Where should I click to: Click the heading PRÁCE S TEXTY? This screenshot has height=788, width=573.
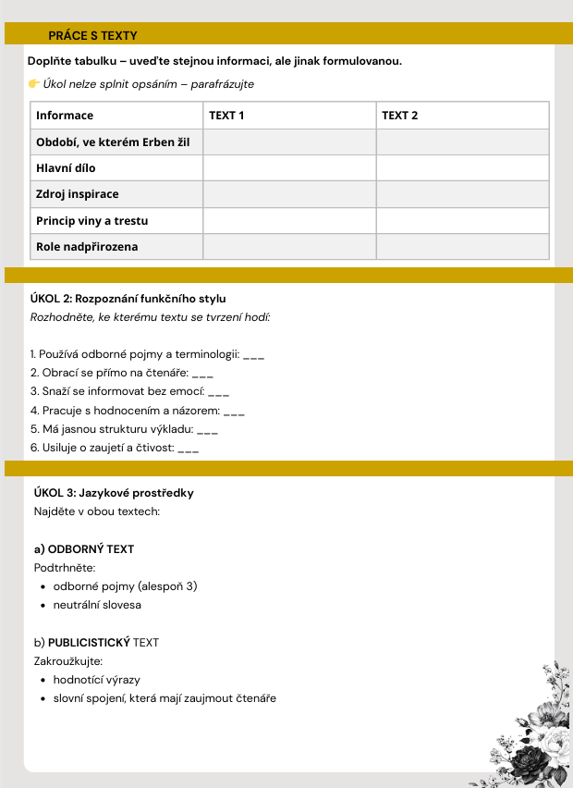(x=92, y=35)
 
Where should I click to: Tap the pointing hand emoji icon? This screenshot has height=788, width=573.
(x=34, y=84)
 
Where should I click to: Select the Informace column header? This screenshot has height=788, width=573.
(x=65, y=116)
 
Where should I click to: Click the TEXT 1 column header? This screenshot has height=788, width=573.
(x=226, y=116)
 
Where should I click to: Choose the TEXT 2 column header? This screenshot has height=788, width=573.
(x=400, y=116)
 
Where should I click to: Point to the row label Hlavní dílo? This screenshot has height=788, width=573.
(x=66, y=168)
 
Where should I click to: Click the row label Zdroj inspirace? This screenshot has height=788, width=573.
(x=78, y=194)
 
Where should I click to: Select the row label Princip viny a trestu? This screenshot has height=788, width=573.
(x=91, y=221)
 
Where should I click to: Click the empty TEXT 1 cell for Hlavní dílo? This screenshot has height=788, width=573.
(x=289, y=168)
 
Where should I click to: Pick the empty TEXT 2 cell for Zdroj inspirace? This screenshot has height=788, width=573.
(x=462, y=194)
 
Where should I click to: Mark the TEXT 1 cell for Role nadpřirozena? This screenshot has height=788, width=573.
(x=289, y=247)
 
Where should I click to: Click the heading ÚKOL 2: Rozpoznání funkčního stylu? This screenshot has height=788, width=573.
(x=128, y=299)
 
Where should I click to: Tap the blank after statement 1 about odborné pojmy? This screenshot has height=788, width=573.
(x=254, y=355)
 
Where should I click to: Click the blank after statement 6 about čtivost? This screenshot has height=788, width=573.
(x=188, y=448)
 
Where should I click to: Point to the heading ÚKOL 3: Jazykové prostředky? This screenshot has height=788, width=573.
(x=114, y=493)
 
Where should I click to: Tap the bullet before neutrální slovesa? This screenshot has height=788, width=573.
(x=43, y=605)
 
